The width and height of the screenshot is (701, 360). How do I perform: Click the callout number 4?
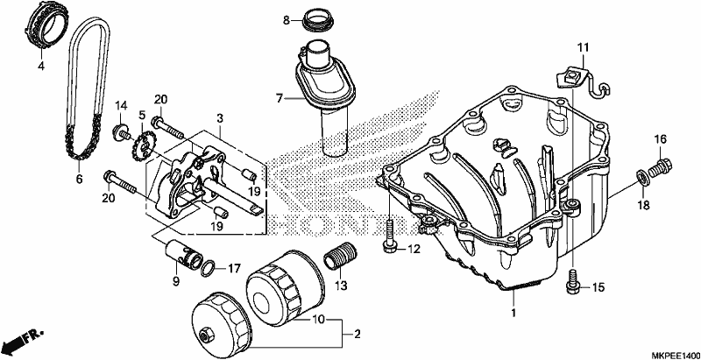(x=41, y=67)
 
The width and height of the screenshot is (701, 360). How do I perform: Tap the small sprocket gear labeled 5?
(x=143, y=149)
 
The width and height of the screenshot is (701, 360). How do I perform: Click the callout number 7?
(x=280, y=98)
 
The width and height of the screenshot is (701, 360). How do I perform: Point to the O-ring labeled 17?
(x=208, y=268)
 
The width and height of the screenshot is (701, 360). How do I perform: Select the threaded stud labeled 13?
(x=339, y=256)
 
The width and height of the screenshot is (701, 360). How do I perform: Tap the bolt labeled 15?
(x=573, y=282)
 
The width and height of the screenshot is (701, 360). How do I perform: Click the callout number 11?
(x=583, y=47)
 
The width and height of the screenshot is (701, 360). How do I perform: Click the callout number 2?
(x=357, y=334)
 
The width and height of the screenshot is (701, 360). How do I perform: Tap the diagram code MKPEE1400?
(x=675, y=355)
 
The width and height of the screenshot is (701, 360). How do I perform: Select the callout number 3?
(x=220, y=118)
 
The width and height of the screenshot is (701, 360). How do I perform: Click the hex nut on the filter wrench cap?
(x=206, y=333)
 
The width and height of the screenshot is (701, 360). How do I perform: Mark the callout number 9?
(x=175, y=281)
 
